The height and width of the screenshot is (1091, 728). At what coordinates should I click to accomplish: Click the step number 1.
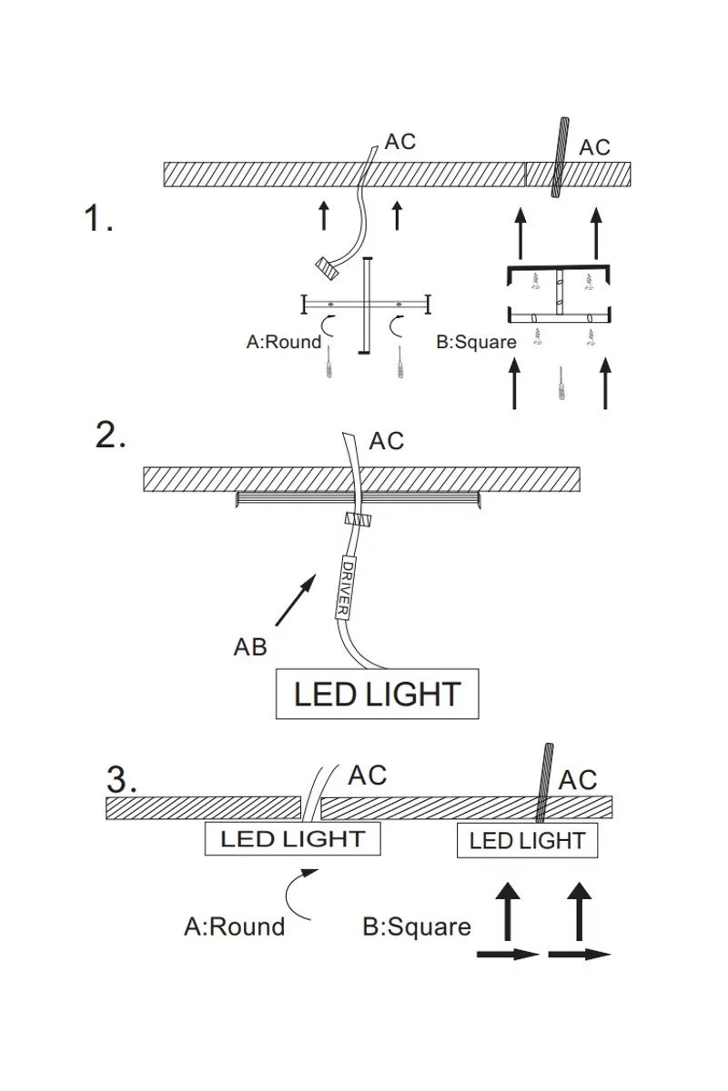(98, 219)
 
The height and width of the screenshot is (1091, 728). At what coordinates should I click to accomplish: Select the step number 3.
(122, 779)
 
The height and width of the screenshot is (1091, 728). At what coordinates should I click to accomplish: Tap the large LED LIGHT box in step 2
(377, 695)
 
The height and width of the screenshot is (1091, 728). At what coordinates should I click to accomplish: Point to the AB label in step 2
(250, 647)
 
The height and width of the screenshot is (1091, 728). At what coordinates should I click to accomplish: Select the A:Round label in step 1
(284, 342)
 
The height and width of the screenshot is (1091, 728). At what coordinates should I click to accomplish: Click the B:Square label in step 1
(477, 343)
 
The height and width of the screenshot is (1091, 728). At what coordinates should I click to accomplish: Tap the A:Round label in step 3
(234, 926)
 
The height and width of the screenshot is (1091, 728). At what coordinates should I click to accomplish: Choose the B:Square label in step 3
(417, 927)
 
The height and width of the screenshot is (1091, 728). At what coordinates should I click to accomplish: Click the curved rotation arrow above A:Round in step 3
(300, 891)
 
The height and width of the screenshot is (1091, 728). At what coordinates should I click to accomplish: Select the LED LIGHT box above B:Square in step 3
(527, 841)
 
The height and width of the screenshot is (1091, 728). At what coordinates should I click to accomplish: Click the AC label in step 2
(387, 441)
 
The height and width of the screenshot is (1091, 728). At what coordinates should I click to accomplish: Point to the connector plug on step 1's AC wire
(325, 266)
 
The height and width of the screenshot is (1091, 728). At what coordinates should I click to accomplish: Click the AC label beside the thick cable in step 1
(595, 147)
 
